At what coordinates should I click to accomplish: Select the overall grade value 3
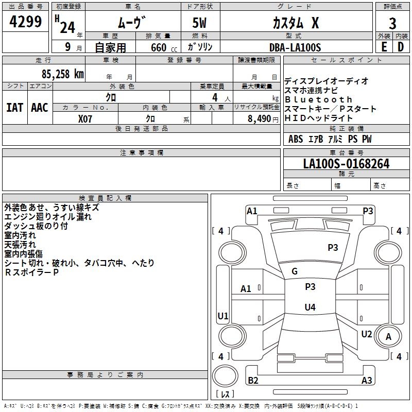tap(392, 23)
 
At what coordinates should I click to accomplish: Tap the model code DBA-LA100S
tap(295, 47)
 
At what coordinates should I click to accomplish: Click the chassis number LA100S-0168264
tap(346, 164)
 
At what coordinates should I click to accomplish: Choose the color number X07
tap(85, 118)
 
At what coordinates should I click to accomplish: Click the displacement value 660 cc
tap(158, 47)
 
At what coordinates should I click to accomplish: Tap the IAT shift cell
tap(14, 108)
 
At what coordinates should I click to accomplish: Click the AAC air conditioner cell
tap(40, 108)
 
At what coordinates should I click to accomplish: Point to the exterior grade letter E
tap(384, 47)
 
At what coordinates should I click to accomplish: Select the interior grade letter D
tap(400, 47)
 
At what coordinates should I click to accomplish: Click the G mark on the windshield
tap(295, 271)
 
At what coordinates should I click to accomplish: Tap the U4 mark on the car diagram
tap(310, 307)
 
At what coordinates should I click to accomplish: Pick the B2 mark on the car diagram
tap(253, 381)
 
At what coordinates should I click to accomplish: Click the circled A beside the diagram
tap(389, 336)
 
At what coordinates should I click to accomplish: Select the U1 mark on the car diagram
tap(223, 316)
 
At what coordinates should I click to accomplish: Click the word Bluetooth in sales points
tap(318, 99)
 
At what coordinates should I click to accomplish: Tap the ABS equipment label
tap(296, 139)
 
